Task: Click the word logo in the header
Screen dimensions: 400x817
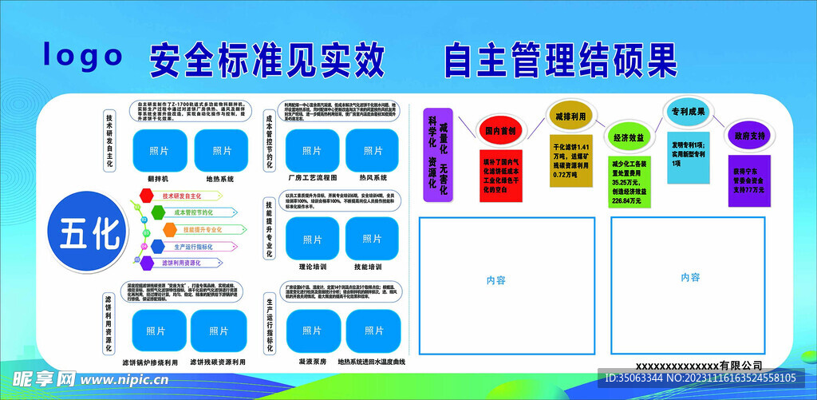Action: click(83, 55)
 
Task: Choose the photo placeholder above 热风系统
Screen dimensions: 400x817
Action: click(373, 150)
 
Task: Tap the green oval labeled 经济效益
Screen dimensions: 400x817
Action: click(627, 137)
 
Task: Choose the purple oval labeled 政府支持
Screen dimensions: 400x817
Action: click(748, 136)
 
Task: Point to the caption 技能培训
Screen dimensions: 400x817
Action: click(371, 268)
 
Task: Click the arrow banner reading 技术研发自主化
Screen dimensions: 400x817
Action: click(183, 196)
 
